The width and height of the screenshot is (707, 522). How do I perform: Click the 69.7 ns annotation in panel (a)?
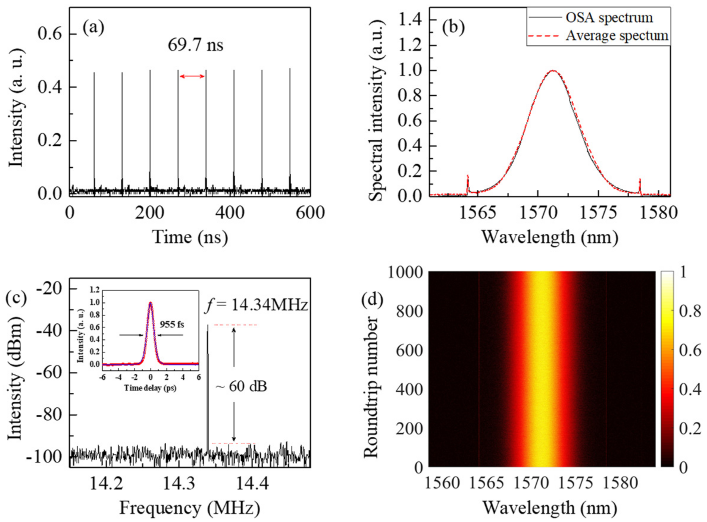point(195,45)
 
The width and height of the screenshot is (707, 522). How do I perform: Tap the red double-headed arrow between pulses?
point(192,76)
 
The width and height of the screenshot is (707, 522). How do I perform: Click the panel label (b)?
point(453,28)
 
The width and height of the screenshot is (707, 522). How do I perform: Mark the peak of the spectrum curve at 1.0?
point(553,70)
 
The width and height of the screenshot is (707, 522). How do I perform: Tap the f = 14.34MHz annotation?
point(256,306)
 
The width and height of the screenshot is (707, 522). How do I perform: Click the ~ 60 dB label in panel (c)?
point(241,386)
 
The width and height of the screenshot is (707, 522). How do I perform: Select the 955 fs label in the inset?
point(171,324)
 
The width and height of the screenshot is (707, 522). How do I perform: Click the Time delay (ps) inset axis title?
point(150,388)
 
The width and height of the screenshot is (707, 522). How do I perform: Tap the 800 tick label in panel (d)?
point(409,312)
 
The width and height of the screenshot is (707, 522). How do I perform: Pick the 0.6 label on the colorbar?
point(690,351)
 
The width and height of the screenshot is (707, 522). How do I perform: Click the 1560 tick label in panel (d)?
point(442,483)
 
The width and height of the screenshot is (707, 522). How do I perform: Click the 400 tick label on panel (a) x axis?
point(230,213)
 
